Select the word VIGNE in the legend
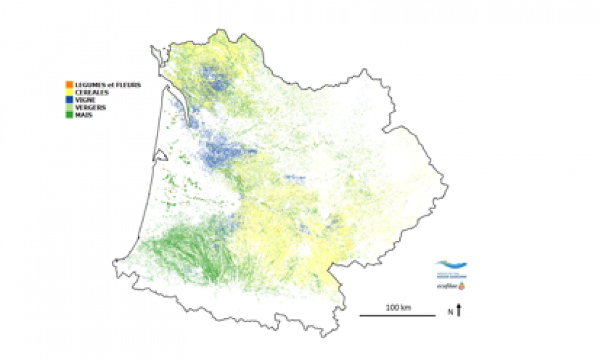pyautogui.click(x=85, y=99)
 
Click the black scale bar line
pyautogui.click(x=397, y=314)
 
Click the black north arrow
pyautogui.click(x=459, y=310)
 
